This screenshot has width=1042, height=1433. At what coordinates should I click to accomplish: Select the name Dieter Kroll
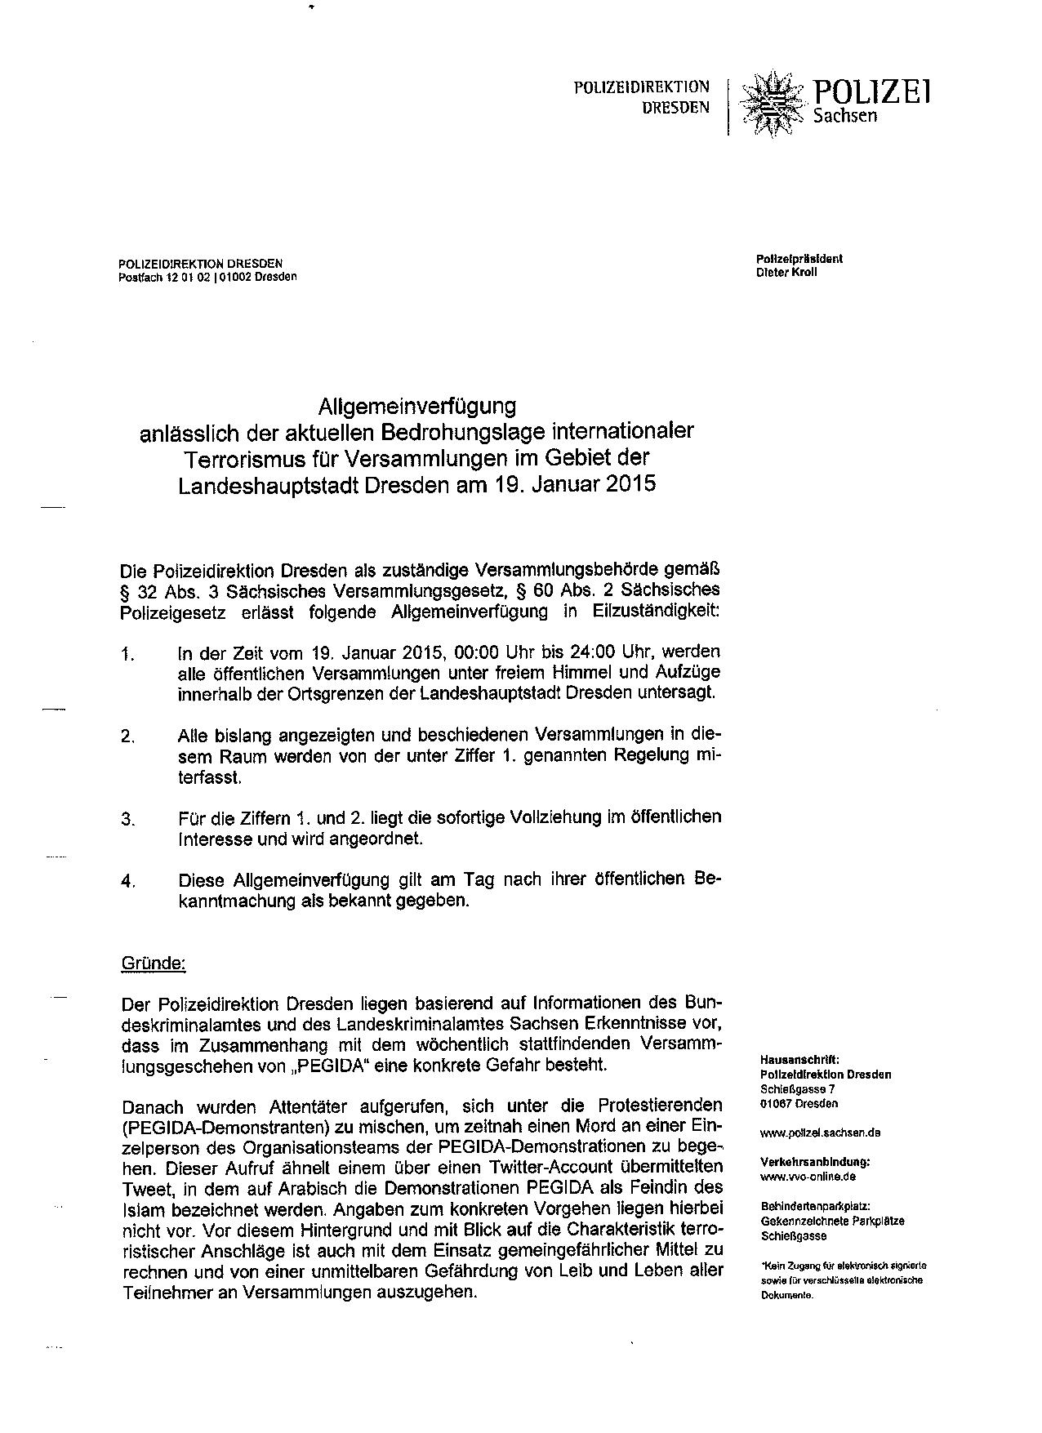pyautogui.click(x=786, y=272)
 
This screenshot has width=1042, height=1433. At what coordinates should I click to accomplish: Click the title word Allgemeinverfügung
pyautogui.click(x=417, y=405)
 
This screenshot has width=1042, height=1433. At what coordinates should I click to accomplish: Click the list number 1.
pyautogui.click(x=127, y=655)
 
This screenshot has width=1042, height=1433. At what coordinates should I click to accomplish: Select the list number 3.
pyautogui.click(x=127, y=819)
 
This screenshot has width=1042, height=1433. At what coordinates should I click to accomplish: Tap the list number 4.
pyautogui.click(x=127, y=882)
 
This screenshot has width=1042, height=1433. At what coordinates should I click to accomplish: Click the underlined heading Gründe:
pyautogui.click(x=154, y=963)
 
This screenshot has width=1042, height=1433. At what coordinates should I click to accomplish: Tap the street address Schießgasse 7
pyautogui.click(x=797, y=1088)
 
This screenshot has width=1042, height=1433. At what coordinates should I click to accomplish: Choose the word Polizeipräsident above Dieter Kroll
pyautogui.click(x=799, y=259)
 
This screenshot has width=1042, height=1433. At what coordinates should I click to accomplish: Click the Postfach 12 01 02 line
pyautogui.click(x=207, y=277)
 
